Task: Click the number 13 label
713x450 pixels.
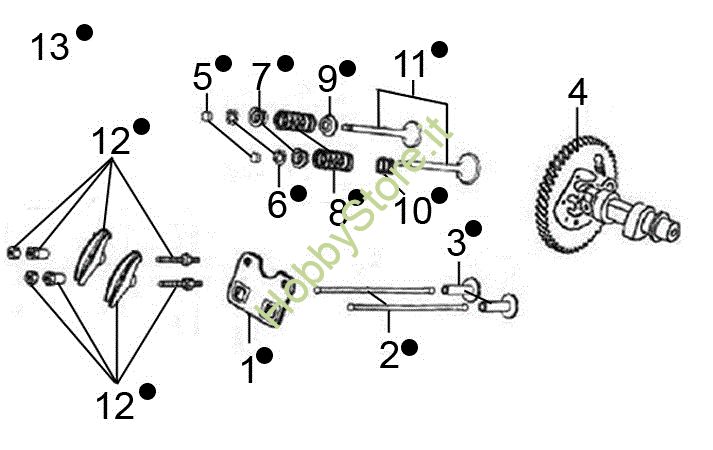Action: [49, 46]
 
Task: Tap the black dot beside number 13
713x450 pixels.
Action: [84, 33]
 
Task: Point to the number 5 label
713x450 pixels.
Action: [203, 76]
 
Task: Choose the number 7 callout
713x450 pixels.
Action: [261, 76]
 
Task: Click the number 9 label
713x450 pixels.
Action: [327, 77]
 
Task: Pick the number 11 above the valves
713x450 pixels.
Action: [409, 64]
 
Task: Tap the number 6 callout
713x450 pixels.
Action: [277, 205]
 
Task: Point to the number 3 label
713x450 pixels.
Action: [456, 243]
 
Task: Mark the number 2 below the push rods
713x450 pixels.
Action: [388, 353]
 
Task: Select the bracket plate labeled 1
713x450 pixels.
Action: [250, 290]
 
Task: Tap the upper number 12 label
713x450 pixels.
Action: [112, 141]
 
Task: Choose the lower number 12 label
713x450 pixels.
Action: [118, 404]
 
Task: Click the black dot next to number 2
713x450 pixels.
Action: [409, 346]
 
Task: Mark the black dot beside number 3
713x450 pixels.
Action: [474, 229]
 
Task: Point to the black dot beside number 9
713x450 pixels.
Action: [347, 68]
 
